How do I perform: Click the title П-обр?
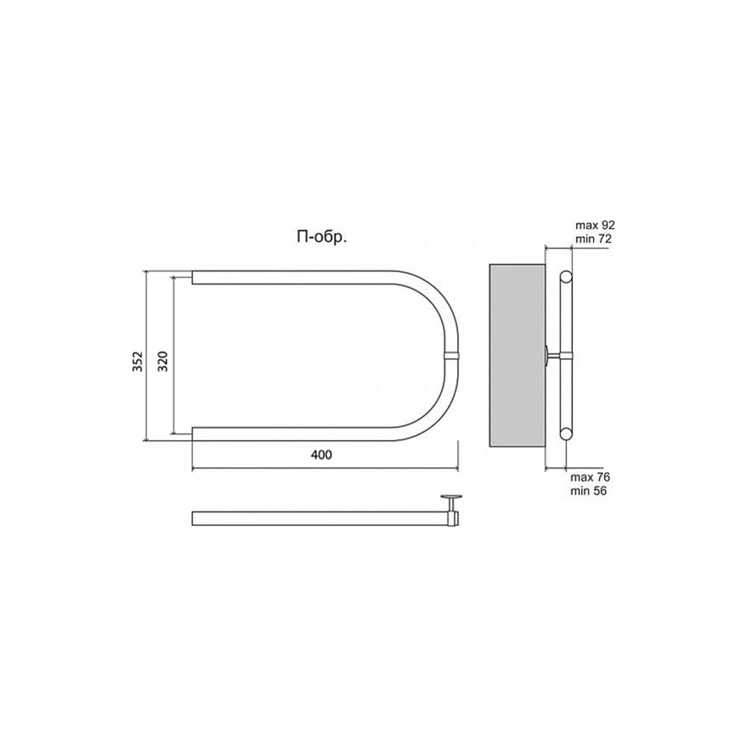[x=321, y=238]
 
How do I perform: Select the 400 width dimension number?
[x=321, y=455]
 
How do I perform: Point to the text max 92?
[x=595, y=225]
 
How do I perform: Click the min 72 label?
[x=593, y=239]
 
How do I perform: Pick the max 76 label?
[x=590, y=477]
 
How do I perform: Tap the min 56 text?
[x=589, y=491]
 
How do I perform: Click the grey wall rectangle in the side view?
[x=518, y=356]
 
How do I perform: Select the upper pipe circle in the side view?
[x=566, y=277]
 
